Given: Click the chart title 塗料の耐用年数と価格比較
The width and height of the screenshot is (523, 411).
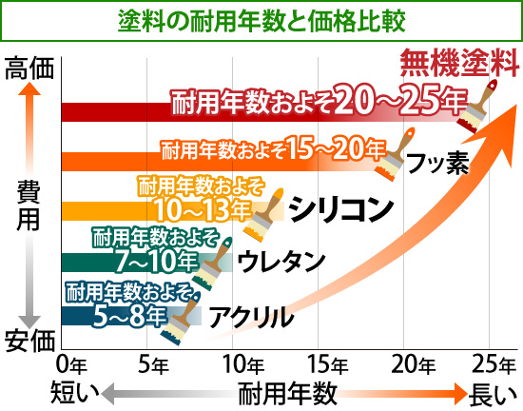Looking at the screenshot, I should coord(261,19).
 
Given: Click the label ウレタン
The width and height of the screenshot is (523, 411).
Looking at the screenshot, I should coord(281,259).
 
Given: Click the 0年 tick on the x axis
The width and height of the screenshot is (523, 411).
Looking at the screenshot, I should coord(68,362).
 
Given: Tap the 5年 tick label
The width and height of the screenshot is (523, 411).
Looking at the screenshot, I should coord(153,362).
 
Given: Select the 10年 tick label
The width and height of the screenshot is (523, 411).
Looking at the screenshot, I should coord(239,362).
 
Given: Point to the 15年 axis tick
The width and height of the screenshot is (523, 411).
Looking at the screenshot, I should coord(324,362).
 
